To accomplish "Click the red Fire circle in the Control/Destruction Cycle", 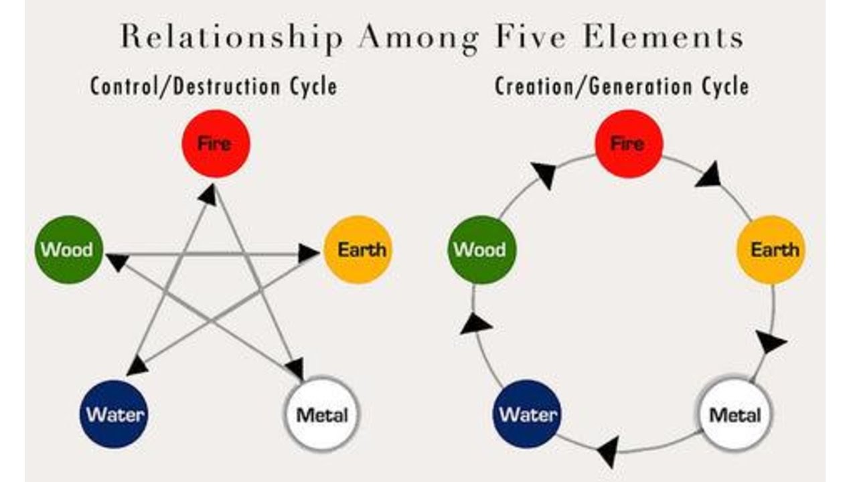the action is tap(216, 144).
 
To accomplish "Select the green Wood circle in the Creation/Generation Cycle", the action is tap(481, 250).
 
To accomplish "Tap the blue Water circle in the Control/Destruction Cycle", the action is tap(114, 414).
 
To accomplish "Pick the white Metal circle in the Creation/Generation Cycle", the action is tap(734, 415).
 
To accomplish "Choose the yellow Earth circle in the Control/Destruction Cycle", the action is tap(358, 250).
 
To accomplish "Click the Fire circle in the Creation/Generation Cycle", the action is tap(629, 144).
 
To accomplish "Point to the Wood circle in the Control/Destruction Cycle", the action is tap(69, 250).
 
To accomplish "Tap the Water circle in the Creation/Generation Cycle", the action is tap(527, 414).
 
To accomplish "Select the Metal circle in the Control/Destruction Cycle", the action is tap(322, 415).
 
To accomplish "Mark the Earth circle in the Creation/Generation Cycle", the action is tap(771, 250).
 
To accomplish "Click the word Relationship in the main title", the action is tap(232, 37).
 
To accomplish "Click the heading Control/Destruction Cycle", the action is tap(214, 86).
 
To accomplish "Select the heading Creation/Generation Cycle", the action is tap(622, 86).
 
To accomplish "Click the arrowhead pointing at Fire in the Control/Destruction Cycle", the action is tap(208, 194).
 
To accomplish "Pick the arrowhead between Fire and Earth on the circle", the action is tap(710, 175).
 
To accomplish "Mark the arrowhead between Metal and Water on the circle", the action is tap(609, 451).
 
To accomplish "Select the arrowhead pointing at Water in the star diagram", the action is tap(137, 367).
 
